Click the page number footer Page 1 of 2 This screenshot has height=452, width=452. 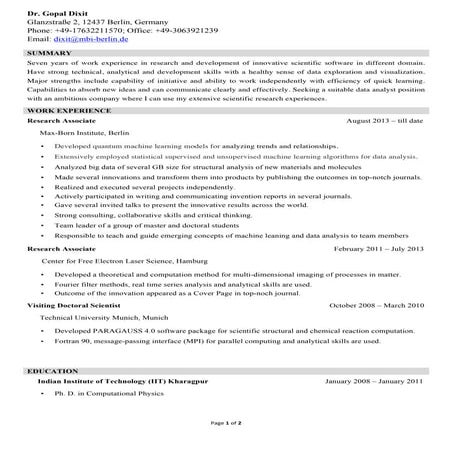pyautogui.click(x=225, y=424)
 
